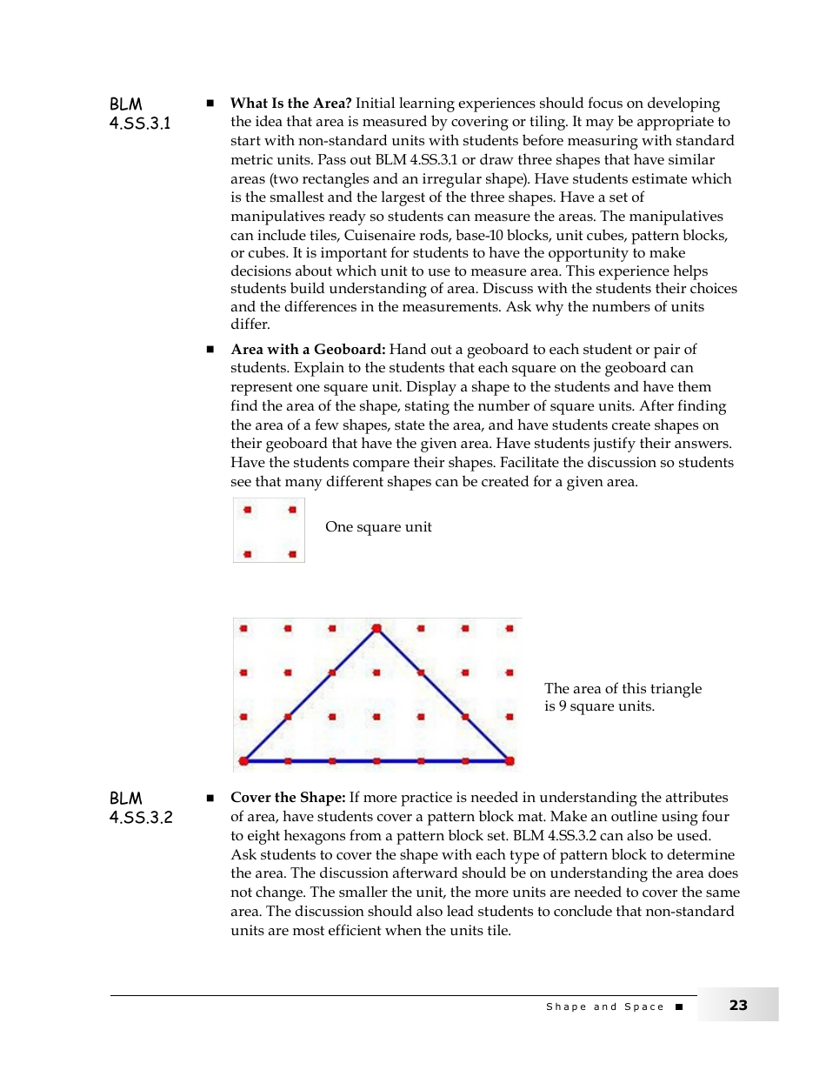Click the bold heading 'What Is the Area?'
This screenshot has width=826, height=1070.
pyautogui.click(x=290, y=104)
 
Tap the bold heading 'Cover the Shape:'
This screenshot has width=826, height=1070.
pyautogui.click(x=288, y=798)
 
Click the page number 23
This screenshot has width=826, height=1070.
pyautogui.click(x=738, y=1006)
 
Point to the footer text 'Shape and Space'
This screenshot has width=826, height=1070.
pyautogui.click(x=605, y=1006)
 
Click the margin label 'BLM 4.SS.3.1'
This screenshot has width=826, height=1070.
pyautogui.click(x=139, y=114)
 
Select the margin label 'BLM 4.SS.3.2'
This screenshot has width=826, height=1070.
pyautogui.click(x=140, y=808)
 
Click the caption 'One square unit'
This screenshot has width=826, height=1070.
pyautogui.click(x=378, y=527)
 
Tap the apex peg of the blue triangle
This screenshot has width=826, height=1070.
pyautogui.click(x=376, y=627)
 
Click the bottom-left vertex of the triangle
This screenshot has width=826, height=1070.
pyautogui.click(x=243, y=760)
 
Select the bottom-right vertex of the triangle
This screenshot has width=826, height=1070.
pyautogui.click(x=510, y=760)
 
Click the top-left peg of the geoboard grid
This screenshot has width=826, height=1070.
pyautogui.click(x=243, y=627)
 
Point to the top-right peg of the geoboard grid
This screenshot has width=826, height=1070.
pyautogui.click(x=510, y=627)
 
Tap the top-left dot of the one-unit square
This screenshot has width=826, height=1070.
pyautogui.click(x=248, y=510)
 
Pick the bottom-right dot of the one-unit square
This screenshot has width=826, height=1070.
pyautogui.click(x=292, y=554)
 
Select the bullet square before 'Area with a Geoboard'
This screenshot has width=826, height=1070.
pyautogui.click(x=210, y=350)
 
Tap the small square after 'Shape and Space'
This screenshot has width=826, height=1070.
pyautogui.click(x=679, y=1006)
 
